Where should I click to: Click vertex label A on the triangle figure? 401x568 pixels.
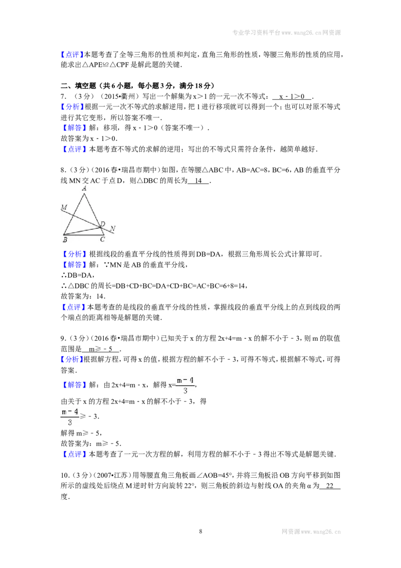click(84, 188)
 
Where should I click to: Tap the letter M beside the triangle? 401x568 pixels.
click(64, 207)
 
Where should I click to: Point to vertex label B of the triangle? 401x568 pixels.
click(65, 239)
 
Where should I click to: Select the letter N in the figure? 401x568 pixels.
click(113, 229)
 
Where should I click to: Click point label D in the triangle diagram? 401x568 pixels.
click(103, 224)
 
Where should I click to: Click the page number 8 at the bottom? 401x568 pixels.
click(200, 531)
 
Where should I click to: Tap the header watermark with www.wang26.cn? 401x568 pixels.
click(286, 33)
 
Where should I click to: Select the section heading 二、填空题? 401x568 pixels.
click(78, 86)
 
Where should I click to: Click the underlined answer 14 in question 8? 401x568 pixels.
click(198, 181)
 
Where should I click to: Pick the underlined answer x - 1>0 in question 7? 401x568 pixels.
click(292, 96)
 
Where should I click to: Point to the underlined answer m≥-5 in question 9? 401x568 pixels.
click(101, 349)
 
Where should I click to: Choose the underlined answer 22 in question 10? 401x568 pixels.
click(330, 486)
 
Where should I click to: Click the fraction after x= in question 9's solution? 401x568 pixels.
click(185, 385)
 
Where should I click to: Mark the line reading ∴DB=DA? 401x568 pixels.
click(76, 275)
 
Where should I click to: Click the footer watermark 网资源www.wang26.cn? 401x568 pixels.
click(311, 531)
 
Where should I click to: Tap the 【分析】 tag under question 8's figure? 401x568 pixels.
click(74, 254)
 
